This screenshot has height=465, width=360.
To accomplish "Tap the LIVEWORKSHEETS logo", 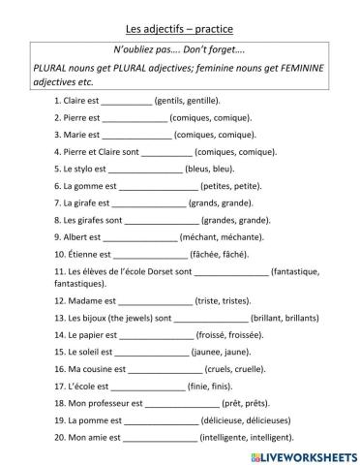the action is click(305, 454).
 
